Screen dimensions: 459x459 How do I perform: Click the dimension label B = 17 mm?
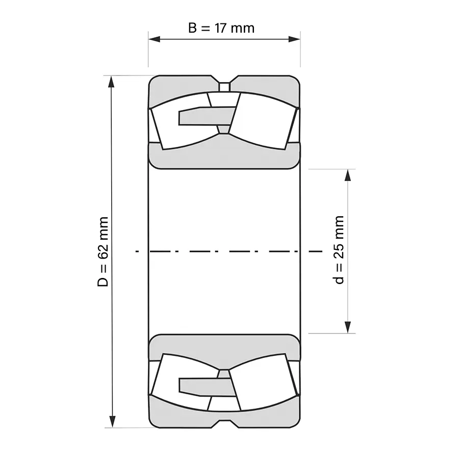coord(221,28)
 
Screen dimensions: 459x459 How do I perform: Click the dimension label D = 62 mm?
coord(103,252)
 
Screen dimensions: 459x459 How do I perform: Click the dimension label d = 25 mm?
coord(339,250)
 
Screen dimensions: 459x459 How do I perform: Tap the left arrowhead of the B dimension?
coord(154,39)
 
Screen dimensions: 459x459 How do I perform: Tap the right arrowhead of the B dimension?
coord(294,39)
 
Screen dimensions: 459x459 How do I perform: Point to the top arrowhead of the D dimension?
coord(111,82)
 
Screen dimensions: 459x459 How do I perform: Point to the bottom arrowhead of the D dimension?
coord(112,422)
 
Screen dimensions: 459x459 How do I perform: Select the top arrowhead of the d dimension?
coord(347,175)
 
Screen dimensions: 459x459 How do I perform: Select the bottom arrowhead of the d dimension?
coord(347,327)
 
